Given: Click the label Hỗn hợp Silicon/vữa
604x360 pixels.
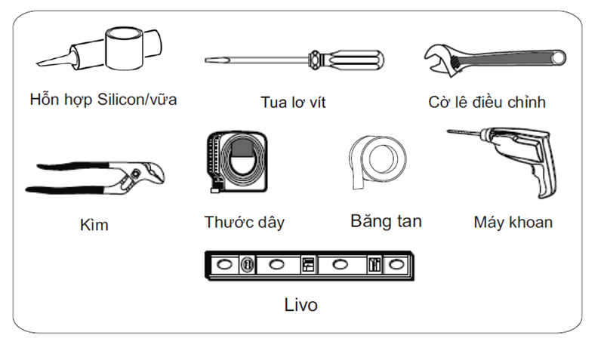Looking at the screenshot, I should [x=103, y=99].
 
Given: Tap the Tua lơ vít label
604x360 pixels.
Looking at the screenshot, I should [x=293, y=102].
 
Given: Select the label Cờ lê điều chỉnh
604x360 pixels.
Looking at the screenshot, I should [x=486, y=101].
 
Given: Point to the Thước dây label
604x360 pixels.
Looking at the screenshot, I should [x=244, y=222].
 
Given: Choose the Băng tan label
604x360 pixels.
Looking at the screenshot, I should [x=386, y=221].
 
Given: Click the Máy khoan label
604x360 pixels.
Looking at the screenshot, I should [x=513, y=222].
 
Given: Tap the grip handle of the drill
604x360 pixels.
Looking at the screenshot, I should [x=544, y=178].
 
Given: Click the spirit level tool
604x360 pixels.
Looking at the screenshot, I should [x=310, y=265].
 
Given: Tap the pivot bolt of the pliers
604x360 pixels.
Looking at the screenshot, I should [x=133, y=177].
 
